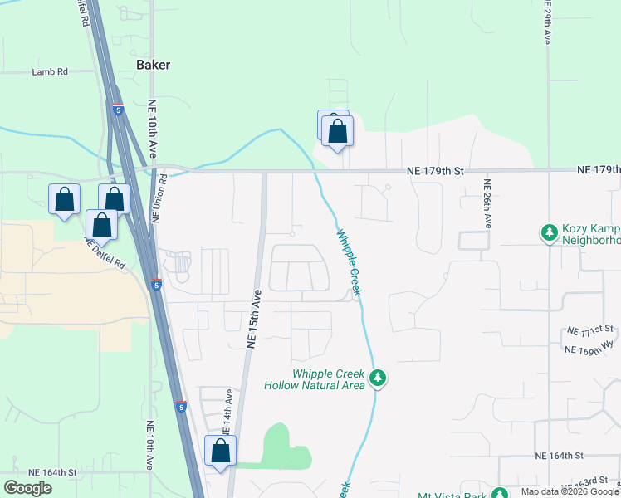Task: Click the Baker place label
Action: (154, 65)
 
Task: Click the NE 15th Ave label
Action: (254, 317)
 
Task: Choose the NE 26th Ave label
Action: (488, 204)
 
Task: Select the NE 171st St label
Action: (589, 331)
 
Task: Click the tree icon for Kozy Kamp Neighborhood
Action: (548, 232)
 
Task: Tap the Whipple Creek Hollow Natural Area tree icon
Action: (378, 378)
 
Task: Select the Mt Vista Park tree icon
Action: (499, 493)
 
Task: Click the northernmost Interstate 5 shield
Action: (118, 109)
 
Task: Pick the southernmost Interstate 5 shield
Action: (180, 406)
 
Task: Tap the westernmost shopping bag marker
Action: (65, 200)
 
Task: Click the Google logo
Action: (27, 488)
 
